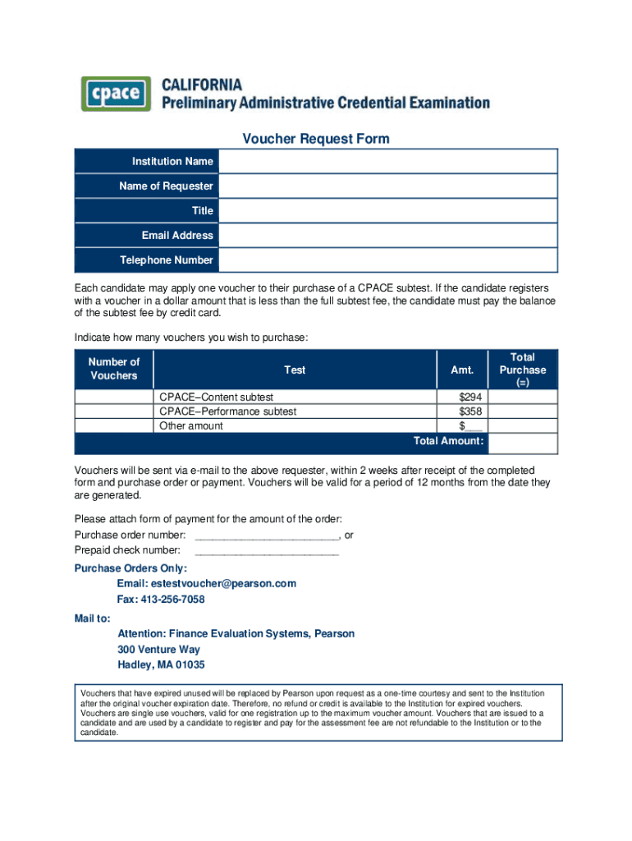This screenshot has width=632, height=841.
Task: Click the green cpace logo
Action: (116, 94)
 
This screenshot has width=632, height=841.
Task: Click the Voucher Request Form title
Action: (315, 139)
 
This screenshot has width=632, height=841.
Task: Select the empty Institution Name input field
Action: (387, 162)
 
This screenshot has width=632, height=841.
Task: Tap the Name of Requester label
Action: (166, 186)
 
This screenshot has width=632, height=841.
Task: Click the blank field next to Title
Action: (387, 211)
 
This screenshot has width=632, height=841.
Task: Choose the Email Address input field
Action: (387, 236)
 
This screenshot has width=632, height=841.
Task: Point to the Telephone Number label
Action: (166, 260)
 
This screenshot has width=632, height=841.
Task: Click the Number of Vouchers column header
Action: (114, 369)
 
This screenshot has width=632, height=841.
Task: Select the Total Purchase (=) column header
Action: (522, 370)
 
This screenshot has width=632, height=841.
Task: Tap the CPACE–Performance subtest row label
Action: (228, 411)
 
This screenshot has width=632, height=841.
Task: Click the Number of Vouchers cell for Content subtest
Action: (114, 397)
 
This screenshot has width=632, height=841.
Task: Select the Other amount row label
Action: (191, 425)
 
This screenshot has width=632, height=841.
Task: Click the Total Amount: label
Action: (448, 441)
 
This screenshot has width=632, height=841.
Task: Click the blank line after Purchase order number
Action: (266, 535)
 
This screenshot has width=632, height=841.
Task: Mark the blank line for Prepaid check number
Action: (266, 550)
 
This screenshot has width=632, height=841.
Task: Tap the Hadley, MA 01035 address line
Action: (161, 665)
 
